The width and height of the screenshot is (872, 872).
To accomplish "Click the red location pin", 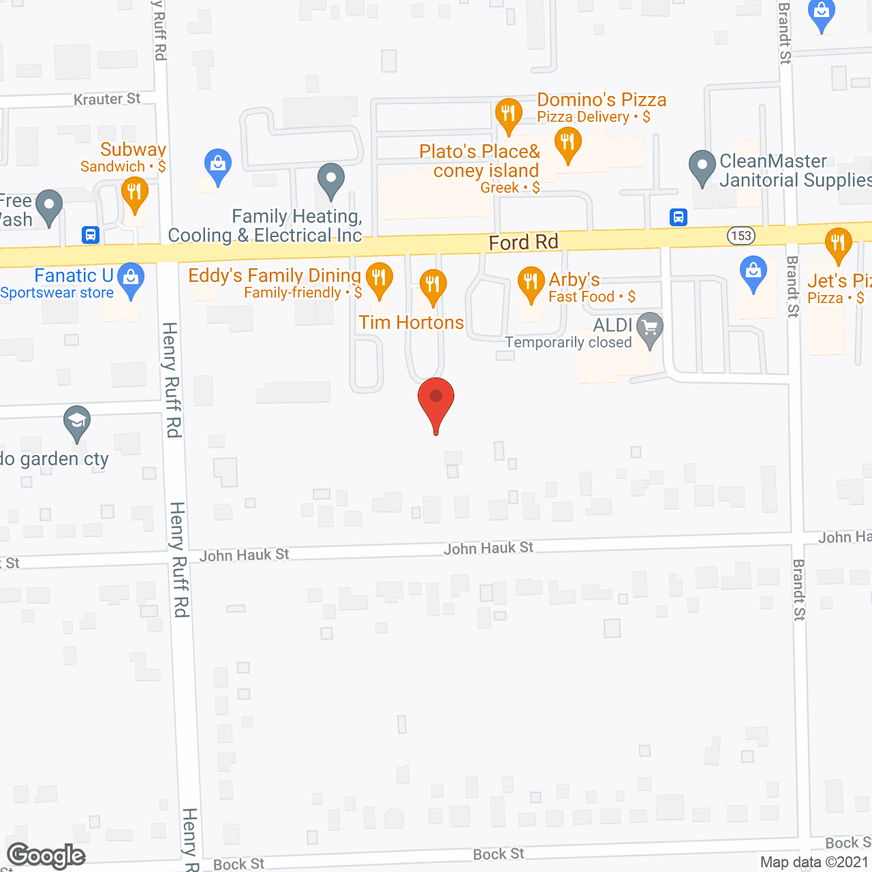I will coord(436,402).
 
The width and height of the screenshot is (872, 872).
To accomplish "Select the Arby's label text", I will coord(574,279).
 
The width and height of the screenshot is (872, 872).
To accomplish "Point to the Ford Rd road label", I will coord(523,243).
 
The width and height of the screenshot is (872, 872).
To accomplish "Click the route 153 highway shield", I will coord(741,236).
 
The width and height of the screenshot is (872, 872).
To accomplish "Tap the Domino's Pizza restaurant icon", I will coord(508,113).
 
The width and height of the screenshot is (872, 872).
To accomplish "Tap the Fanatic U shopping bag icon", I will coord(131,278).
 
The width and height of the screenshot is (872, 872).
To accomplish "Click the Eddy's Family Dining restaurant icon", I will coord(379,278).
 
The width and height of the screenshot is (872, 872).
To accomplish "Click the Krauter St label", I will coord(107,99).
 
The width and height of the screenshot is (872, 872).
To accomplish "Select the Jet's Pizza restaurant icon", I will coord(838,243).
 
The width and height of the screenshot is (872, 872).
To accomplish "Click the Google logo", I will coord(46,856).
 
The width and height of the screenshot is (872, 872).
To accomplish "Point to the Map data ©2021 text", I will coord(815,862).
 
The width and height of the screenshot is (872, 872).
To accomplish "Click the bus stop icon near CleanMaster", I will coord(679,217).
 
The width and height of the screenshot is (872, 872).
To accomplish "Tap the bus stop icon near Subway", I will coord(91,235).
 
